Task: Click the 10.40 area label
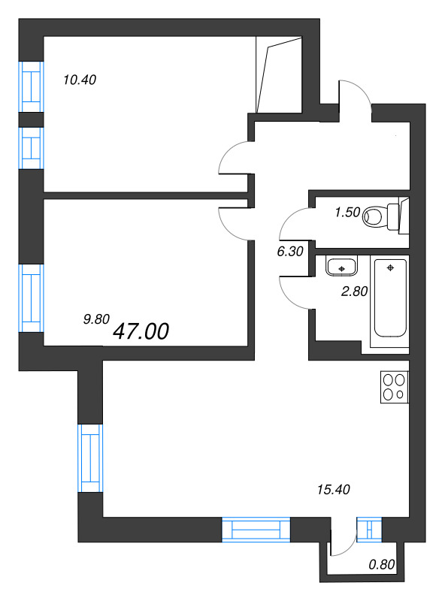(81, 79)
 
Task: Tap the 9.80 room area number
(95, 319)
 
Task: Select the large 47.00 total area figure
(141, 331)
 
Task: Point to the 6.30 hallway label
(289, 252)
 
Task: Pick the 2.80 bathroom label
(354, 292)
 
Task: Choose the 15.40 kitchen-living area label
(334, 490)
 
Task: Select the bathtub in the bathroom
(389, 298)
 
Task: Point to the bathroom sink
(342, 266)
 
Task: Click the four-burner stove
(394, 387)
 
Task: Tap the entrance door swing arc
(354, 96)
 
